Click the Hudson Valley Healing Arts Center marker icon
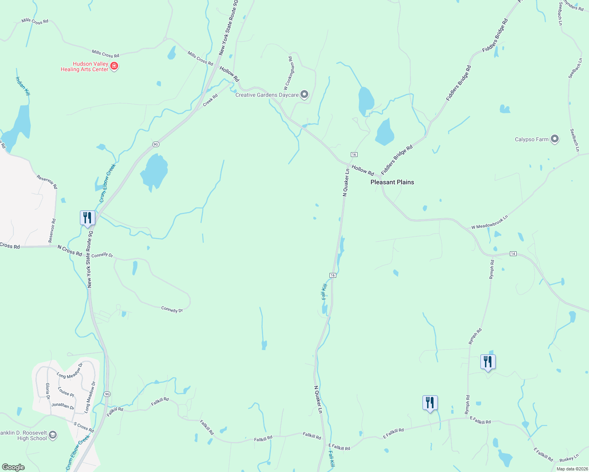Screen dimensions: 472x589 [114, 66]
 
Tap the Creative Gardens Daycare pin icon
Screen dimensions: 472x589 [304, 94]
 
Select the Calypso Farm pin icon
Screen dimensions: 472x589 [555, 139]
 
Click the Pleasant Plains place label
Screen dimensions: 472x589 [392, 182]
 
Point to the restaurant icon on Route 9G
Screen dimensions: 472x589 [87, 218]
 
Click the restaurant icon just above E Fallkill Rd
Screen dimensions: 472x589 [430, 403]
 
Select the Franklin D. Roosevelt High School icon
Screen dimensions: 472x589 [53, 435]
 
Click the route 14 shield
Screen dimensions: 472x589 [513, 254]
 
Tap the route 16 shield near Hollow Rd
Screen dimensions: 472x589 [354, 155]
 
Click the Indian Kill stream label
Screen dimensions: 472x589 [23, 86]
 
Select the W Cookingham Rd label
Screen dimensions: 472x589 [289, 74]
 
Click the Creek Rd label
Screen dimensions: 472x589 [210, 100]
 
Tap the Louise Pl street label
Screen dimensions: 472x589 [66, 392]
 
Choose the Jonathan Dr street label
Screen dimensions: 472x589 [63, 406]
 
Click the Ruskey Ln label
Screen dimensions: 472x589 [569, 458]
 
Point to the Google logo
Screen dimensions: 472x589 [13, 467]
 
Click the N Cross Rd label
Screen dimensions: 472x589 [70, 251]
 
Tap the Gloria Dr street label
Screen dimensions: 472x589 [48, 391]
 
